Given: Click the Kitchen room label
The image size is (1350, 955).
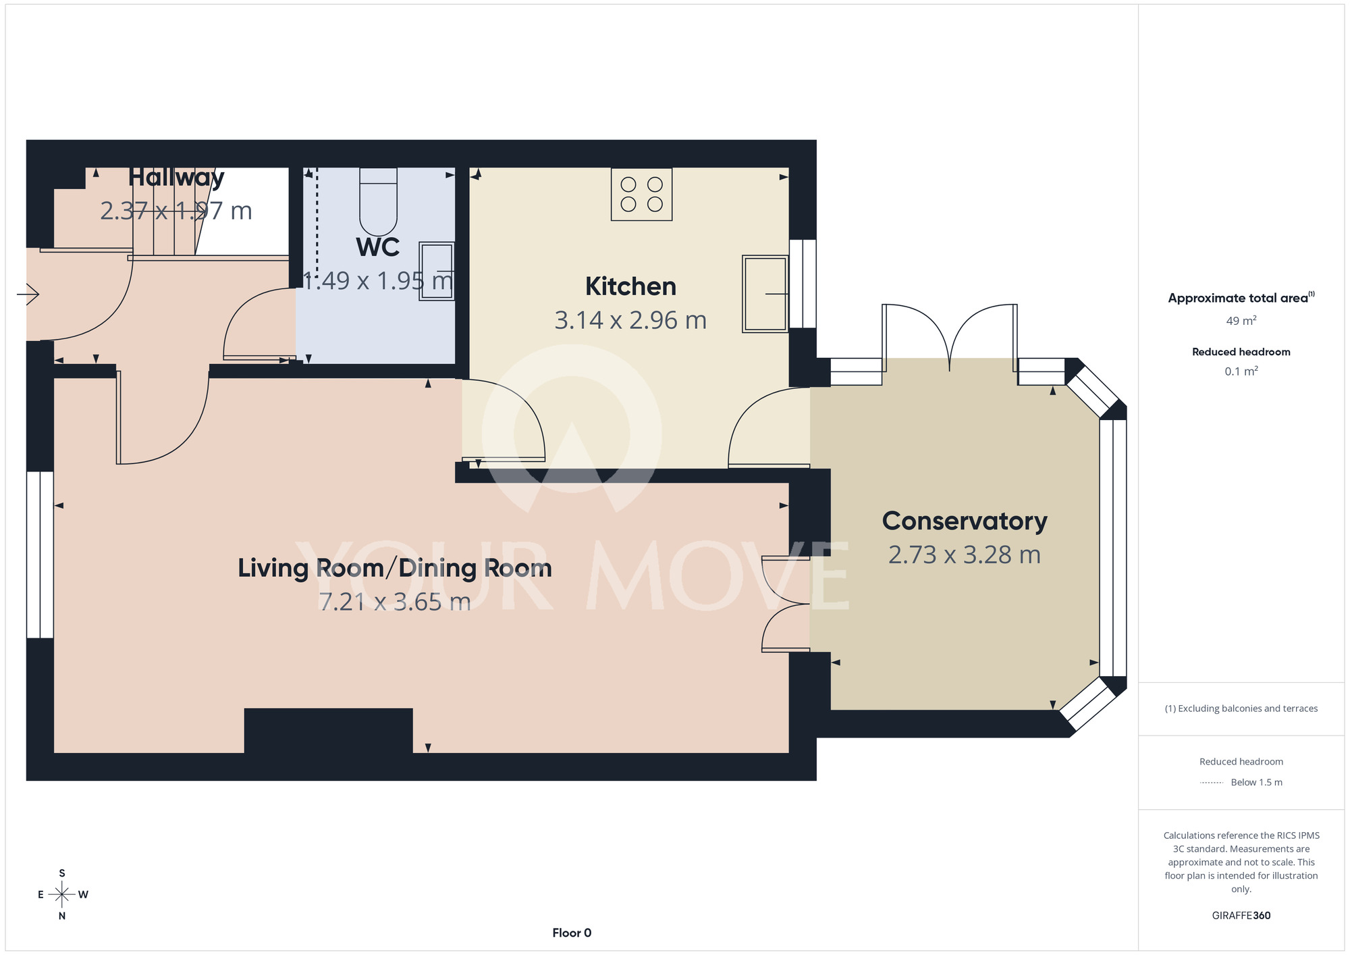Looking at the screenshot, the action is click(x=630, y=286).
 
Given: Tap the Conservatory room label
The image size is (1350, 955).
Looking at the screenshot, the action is click(x=965, y=521).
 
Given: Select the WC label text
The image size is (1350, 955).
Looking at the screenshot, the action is click(x=378, y=247).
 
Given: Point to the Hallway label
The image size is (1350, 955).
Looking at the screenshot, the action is click(x=176, y=178).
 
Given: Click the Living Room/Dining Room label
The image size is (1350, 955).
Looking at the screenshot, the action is click(x=395, y=568).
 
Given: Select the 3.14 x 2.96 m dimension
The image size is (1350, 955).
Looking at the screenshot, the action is click(x=630, y=320).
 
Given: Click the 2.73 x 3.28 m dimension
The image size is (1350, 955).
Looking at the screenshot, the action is click(x=965, y=554).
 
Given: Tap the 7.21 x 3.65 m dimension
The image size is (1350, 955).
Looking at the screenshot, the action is click(x=395, y=602).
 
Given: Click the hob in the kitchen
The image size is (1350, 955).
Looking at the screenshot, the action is click(x=641, y=195).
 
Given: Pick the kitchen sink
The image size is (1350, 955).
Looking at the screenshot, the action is click(x=765, y=294).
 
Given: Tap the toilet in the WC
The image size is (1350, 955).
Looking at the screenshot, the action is click(x=379, y=201).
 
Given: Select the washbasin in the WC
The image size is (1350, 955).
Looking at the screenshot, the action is click(x=437, y=271).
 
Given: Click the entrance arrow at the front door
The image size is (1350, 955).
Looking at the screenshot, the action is click(x=28, y=294).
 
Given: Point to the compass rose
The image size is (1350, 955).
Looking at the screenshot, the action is click(x=62, y=895).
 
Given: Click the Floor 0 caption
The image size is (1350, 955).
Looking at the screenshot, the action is click(x=572, y=933).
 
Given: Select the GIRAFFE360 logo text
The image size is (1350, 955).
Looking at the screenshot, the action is click(x=1241, y=916).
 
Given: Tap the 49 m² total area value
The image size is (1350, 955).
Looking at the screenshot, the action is click(x=1241, y=321).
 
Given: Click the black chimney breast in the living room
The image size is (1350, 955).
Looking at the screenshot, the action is click(x=328, y=730).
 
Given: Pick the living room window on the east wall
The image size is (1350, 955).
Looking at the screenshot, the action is click(x=40, y=554).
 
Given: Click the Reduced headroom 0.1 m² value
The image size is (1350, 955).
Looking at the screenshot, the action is click(x=1241, y=371).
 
